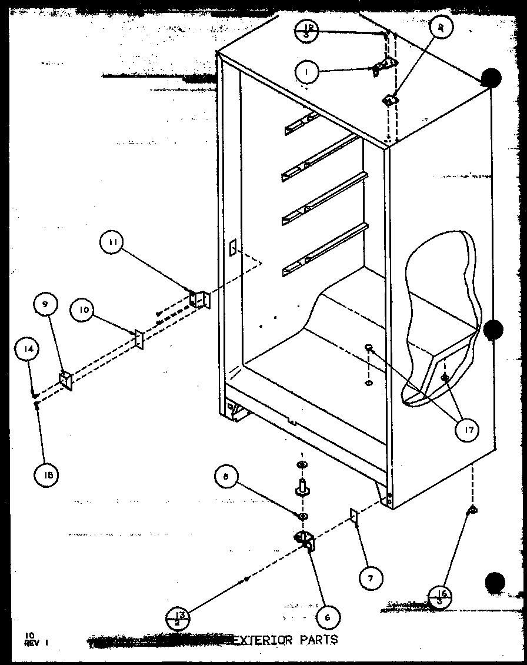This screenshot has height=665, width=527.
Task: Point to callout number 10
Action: [x=84, y=311]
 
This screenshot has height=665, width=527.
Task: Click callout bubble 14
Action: [x=30, y=349]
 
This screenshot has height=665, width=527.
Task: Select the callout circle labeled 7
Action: [x=370, y=577]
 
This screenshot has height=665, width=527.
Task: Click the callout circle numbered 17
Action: [x=468, y=430]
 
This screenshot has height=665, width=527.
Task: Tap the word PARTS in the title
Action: [x=318, y=639]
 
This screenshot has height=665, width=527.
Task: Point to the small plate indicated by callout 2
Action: [x=389, y=101]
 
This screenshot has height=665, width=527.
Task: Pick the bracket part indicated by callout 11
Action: [x=199, y=299]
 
